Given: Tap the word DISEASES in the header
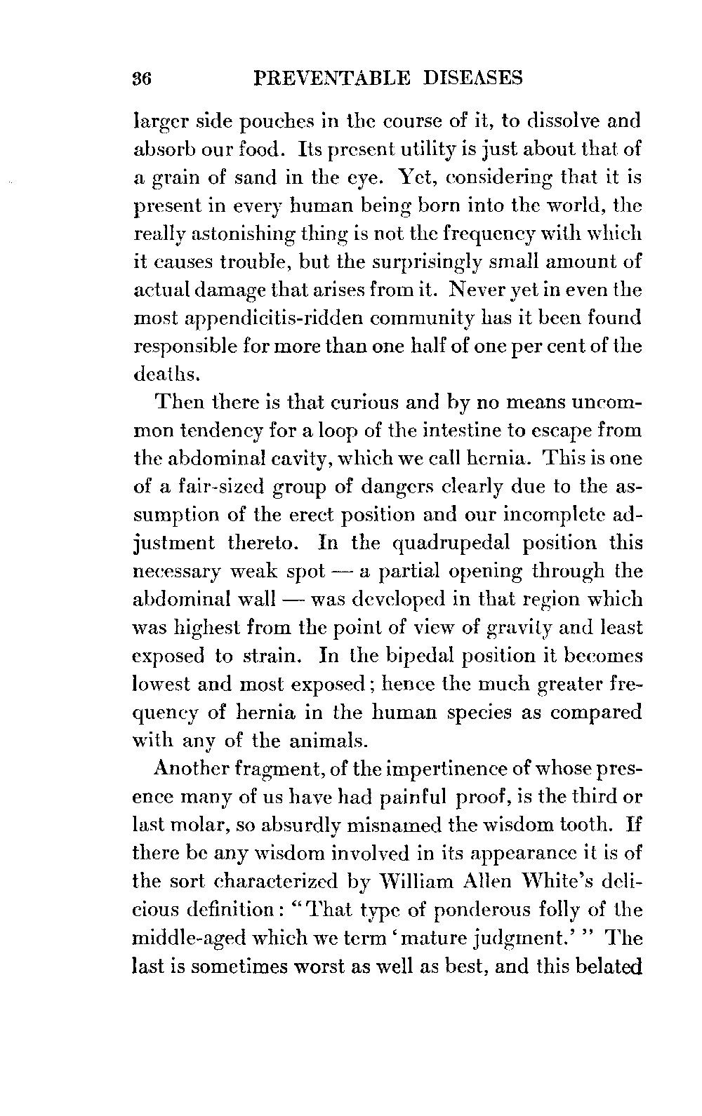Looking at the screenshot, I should [x=473, y=78].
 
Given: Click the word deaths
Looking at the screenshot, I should [x=159, y=375].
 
